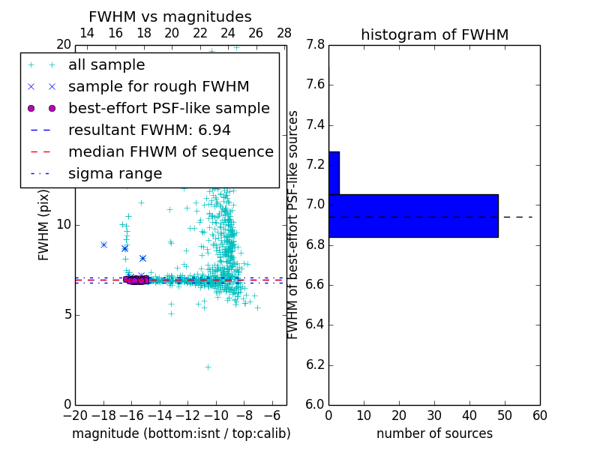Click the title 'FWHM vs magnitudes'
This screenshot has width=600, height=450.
pos(170,16)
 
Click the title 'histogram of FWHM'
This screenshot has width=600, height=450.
pos(434,34)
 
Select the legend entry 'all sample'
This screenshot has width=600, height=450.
pos(106,65)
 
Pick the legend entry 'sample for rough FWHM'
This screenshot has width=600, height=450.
pos(159,86)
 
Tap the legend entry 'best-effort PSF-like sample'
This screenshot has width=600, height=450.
pos(169,108)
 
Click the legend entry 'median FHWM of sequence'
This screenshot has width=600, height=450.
pos(171,151)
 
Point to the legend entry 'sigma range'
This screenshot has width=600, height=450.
pos(115,173)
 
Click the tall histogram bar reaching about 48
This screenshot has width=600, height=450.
pos(413,215)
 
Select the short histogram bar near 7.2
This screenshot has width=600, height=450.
pos(334,172)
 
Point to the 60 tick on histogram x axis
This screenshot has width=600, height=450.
pos(539,415)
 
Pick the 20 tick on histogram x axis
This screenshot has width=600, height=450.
pos(399,415)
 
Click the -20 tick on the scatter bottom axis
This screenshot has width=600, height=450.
pos(75,415)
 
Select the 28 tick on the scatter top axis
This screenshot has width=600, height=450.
pos(284,33)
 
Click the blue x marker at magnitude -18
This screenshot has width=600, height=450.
pos(103,244)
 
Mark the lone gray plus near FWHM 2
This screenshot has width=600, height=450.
pos(208,367)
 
